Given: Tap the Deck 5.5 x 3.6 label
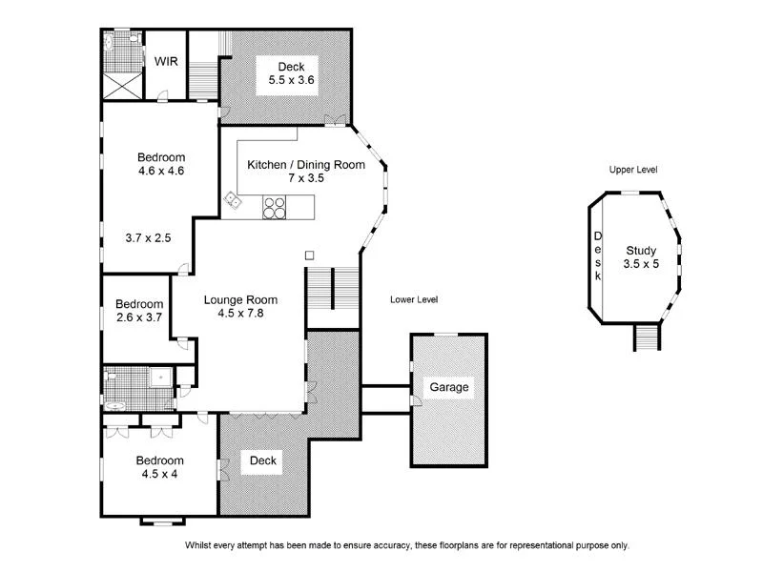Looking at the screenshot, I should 291,73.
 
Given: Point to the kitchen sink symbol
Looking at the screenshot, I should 232,200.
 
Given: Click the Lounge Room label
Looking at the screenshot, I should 240,306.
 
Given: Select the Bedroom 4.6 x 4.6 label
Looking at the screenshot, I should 160,164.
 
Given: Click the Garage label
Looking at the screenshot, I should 448,387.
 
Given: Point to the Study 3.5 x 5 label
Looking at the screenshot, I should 641,256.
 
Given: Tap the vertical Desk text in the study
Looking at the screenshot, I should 598,255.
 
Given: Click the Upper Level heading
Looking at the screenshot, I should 633,170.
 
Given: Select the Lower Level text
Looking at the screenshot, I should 414,299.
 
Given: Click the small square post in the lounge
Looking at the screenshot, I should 309,255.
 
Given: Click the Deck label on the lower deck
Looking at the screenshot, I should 263,461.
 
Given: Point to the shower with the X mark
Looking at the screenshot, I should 121,82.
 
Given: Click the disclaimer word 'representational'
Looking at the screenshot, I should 520,546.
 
